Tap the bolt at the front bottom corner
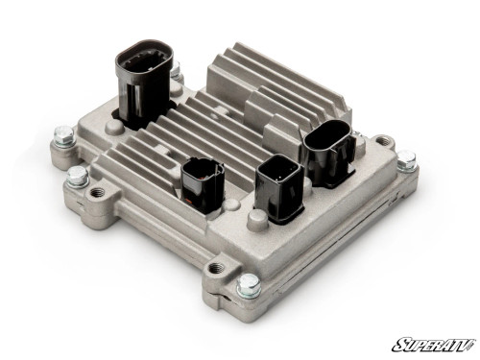[248, 284]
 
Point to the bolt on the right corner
[407, 159]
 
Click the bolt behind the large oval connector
[175, 71]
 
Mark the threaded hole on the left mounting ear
[97, 194]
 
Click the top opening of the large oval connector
[142, 53]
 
